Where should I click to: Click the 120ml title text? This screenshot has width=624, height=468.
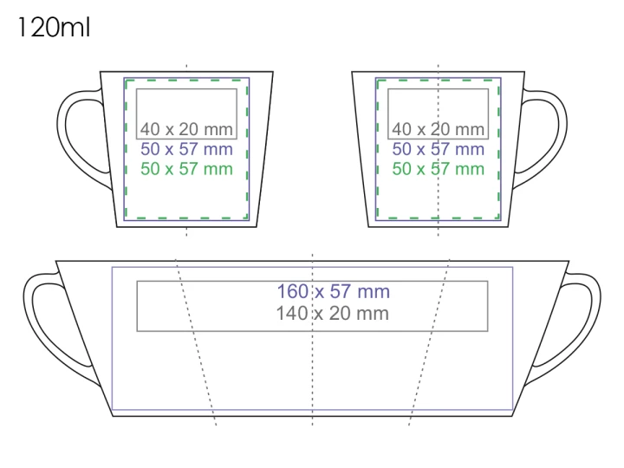coord(54,28)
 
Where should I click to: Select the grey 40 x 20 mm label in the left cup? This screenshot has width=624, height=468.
coord(186,129)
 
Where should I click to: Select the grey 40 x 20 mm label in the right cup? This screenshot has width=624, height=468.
coord(439,129)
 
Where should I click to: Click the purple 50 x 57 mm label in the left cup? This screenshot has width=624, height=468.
coord(186,149)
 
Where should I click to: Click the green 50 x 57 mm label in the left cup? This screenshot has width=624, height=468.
coord(186,169)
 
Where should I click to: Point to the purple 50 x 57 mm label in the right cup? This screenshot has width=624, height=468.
coord(439,149)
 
